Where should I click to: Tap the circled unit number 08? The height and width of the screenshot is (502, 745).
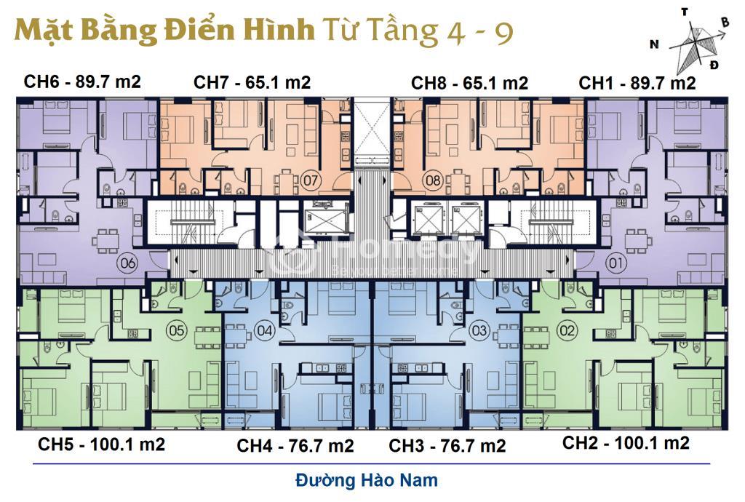coord(433,180)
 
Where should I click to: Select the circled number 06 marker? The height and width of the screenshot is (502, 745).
coord(128,263)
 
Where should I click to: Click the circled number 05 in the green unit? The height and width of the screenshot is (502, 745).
coord(176,330)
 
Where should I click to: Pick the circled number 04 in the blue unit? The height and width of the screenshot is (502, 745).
coord(265,330)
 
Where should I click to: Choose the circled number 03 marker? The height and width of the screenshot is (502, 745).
coord(479,330)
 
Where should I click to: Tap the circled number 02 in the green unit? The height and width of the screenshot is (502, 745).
coord(567,330)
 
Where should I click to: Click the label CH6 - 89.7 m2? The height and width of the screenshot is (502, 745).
coord(82,81)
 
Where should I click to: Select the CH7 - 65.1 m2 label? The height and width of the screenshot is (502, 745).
coord(252,82)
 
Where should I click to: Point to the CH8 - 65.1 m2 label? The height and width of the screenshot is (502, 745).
coord(469,83)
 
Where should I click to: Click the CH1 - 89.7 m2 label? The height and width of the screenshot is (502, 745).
coord(637,83)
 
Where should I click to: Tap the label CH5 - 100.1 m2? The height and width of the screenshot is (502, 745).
coord(102,445)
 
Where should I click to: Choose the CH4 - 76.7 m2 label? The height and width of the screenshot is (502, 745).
coord(295,446)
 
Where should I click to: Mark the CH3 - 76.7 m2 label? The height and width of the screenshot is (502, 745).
coord(447,446)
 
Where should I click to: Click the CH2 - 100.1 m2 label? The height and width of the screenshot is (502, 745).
coord(626,443)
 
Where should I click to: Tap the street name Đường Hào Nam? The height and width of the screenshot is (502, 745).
coord(367,480)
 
